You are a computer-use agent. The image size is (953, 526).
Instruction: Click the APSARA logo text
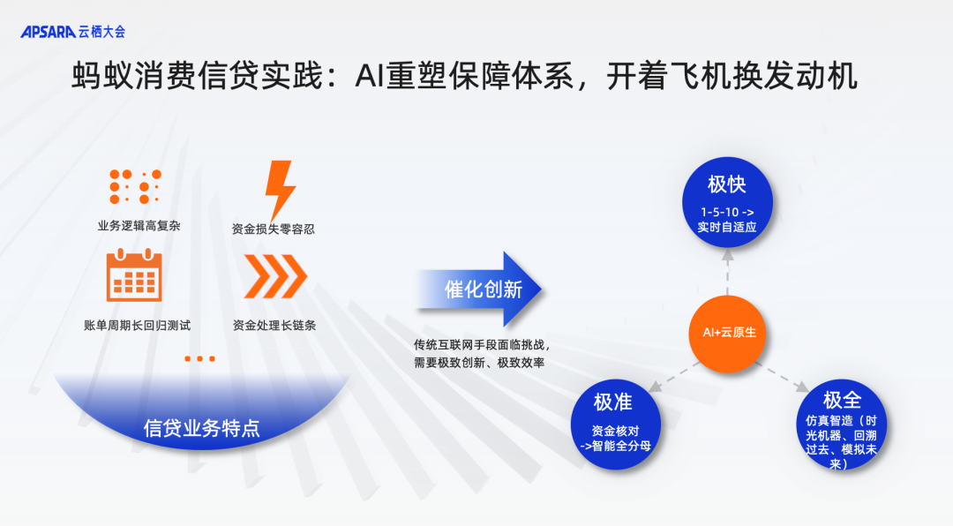48,31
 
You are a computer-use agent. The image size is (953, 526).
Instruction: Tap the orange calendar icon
134,275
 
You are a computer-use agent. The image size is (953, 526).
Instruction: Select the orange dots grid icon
136,187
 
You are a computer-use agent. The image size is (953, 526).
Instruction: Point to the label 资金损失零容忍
274,229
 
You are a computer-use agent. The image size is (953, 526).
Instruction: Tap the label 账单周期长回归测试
137,325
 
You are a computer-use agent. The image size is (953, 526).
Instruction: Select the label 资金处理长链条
274,325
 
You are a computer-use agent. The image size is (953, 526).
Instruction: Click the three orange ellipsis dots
200,359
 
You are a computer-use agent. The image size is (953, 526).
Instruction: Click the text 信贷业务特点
202,428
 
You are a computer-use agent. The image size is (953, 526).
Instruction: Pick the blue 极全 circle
841,427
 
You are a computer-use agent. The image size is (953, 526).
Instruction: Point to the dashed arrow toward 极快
727,270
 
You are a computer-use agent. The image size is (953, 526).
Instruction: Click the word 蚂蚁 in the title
97,77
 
